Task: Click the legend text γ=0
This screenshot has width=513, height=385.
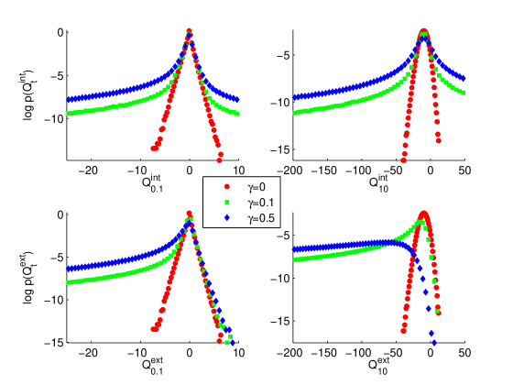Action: tap(256, 187)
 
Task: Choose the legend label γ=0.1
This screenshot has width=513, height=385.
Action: tap(260, 203)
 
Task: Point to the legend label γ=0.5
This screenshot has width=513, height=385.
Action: tap(260, 218)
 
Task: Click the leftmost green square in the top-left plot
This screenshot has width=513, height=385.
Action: tap(68, 113)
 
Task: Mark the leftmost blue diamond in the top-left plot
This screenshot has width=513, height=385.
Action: tap(68, 97)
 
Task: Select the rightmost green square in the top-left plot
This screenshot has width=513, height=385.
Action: tap(238, 113)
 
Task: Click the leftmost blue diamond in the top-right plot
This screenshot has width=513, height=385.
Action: tap(294, 96)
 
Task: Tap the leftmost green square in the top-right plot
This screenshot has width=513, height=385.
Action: tap(294, 113)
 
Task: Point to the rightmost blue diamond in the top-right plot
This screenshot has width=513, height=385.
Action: tap(464, 79)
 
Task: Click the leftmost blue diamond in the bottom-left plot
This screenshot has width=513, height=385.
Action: tap(68, 269)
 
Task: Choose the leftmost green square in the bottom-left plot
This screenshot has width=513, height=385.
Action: tap(68, 283)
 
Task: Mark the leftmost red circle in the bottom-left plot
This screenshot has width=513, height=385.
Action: tap(150, 330)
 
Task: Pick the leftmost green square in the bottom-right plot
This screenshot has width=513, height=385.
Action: tap(294, 259)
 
